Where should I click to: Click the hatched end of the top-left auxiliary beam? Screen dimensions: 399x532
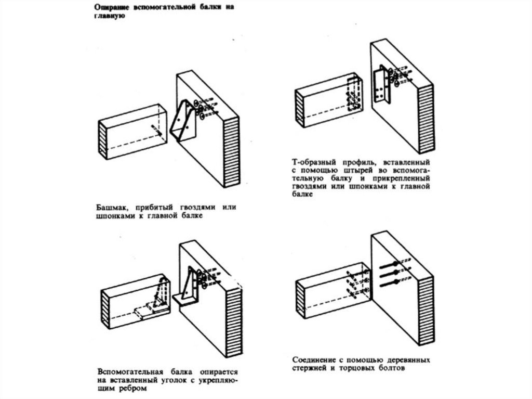(103, 138)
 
